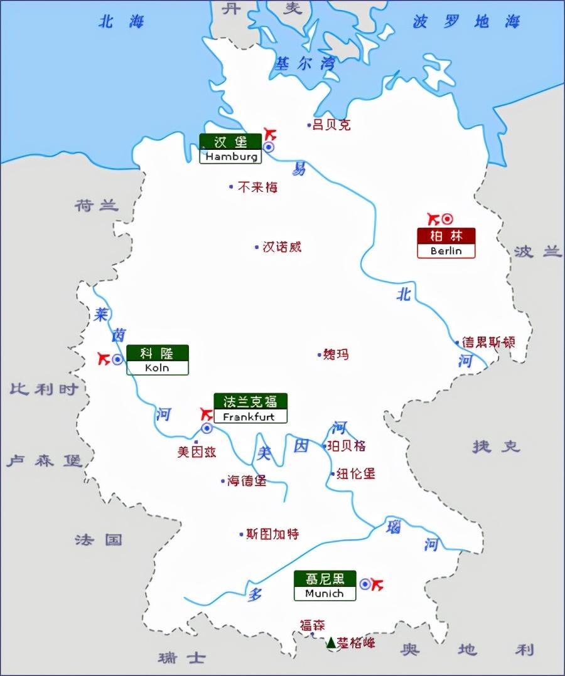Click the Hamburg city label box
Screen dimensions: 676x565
coord(230,149)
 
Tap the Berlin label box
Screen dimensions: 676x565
coord(446,243)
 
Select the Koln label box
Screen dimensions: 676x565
coord(157,360)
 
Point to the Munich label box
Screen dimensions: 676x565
coord(324,586)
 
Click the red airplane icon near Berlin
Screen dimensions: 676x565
coord(433,219)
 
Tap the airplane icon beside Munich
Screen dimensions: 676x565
coord(377,584)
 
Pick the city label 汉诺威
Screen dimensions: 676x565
coord(282,247)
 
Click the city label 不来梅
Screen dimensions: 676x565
coord(257,187)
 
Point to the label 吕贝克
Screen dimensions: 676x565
coord(331,125)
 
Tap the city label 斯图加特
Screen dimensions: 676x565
coord(272,534)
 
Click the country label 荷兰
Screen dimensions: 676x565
coord(96,205)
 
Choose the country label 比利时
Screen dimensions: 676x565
coord(44,389)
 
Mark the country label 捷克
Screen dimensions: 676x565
coord(497,446)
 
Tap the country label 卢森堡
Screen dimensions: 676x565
coord(45,462)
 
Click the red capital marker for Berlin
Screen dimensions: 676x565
coord(447,219)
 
